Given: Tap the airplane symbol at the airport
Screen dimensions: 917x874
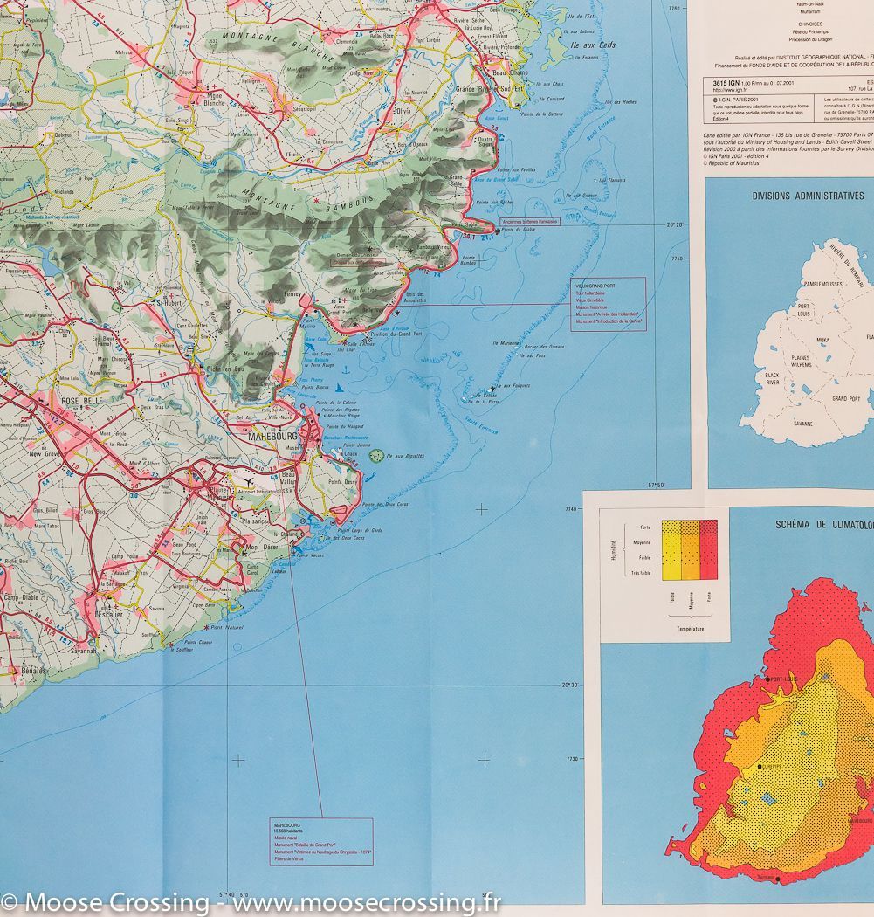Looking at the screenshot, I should coord(249,480).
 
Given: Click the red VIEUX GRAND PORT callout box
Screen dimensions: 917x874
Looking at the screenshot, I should coord(609,302).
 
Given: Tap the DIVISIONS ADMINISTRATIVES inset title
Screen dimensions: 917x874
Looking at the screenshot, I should coord(809,196).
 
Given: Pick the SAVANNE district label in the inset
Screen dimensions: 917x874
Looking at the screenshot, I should coord(803,423).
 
